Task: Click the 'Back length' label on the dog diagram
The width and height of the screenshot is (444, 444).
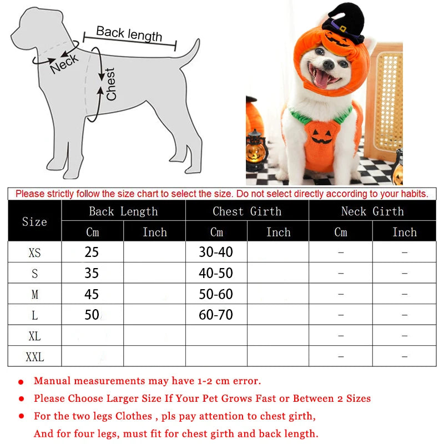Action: pos(129,34)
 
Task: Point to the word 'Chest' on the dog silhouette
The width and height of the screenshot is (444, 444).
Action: pos(110,84)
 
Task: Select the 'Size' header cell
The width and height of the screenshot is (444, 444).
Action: pos(34,221)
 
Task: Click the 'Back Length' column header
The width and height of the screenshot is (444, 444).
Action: pos(123,211)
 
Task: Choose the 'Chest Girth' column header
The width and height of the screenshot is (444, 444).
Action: pos(247,211)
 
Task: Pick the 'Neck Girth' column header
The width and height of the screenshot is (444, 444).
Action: pos(372,211)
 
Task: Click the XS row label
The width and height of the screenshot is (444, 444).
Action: pos(34,253)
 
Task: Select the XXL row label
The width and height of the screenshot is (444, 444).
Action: pos(34,357)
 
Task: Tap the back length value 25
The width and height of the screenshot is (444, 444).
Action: pos(92,252)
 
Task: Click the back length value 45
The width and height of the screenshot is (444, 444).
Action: pos(92,294)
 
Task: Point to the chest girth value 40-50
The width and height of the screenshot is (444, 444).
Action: pos(216,273)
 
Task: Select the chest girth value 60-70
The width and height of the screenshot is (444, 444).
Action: pos(216,315)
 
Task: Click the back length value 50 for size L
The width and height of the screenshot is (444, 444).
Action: pos(92,315)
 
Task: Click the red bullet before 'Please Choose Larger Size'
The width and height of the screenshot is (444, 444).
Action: pos(21,399)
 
